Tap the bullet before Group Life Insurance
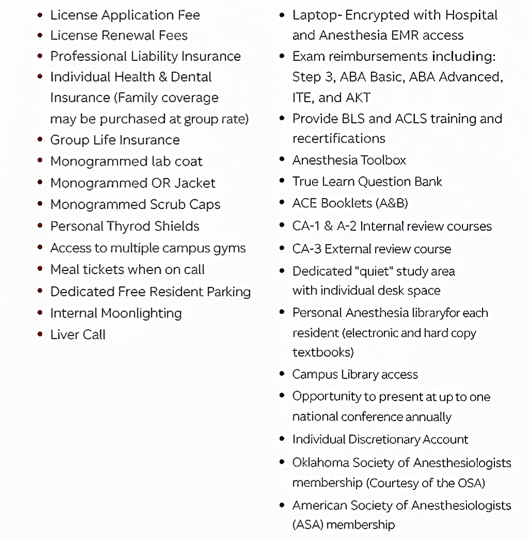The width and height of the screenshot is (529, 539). pyautogui.click(x=40, y=140)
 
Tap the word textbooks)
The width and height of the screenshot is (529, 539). pyautogui.click(x=323, y=353)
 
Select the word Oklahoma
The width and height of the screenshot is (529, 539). pyautogui.click(x=320, y=462)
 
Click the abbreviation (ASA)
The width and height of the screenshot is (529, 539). pyautogui.click(x=307, y=525)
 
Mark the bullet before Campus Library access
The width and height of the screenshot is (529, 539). pyautogui.click(x=282, y=374)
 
